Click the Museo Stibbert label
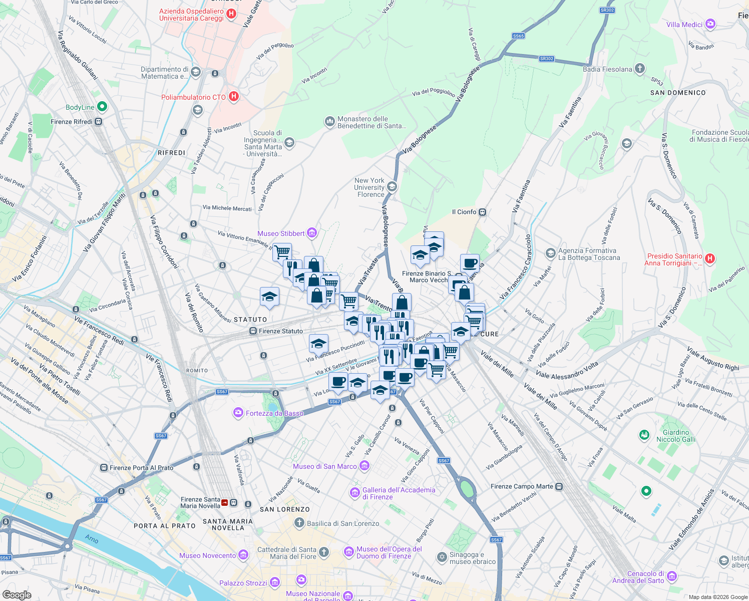tap(281, 233)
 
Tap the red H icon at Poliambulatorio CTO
tap(233, 97)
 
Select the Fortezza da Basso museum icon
tap(238, 413)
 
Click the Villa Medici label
tap(684, 25)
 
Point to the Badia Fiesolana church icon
tap(640, 69)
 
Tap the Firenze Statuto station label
tap(280, 331)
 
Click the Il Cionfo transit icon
tap(482, 212)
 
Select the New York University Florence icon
tap(392, 187)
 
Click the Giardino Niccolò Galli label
tap(676, 436)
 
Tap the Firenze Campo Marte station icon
tap(559, 486)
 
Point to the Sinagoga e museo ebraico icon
tap(442, 557)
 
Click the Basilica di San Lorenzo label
tap(343, 523)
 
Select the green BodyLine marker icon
tap(102, 107)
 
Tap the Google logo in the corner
tap(17, 594)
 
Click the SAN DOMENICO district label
tap(677, 93)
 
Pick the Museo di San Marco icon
tap(364, 466)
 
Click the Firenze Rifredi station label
tap(72, 122)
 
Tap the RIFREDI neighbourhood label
tap(171, 153)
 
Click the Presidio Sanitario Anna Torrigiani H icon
tap(709, 259)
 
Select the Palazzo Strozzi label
tap(243, 583)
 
